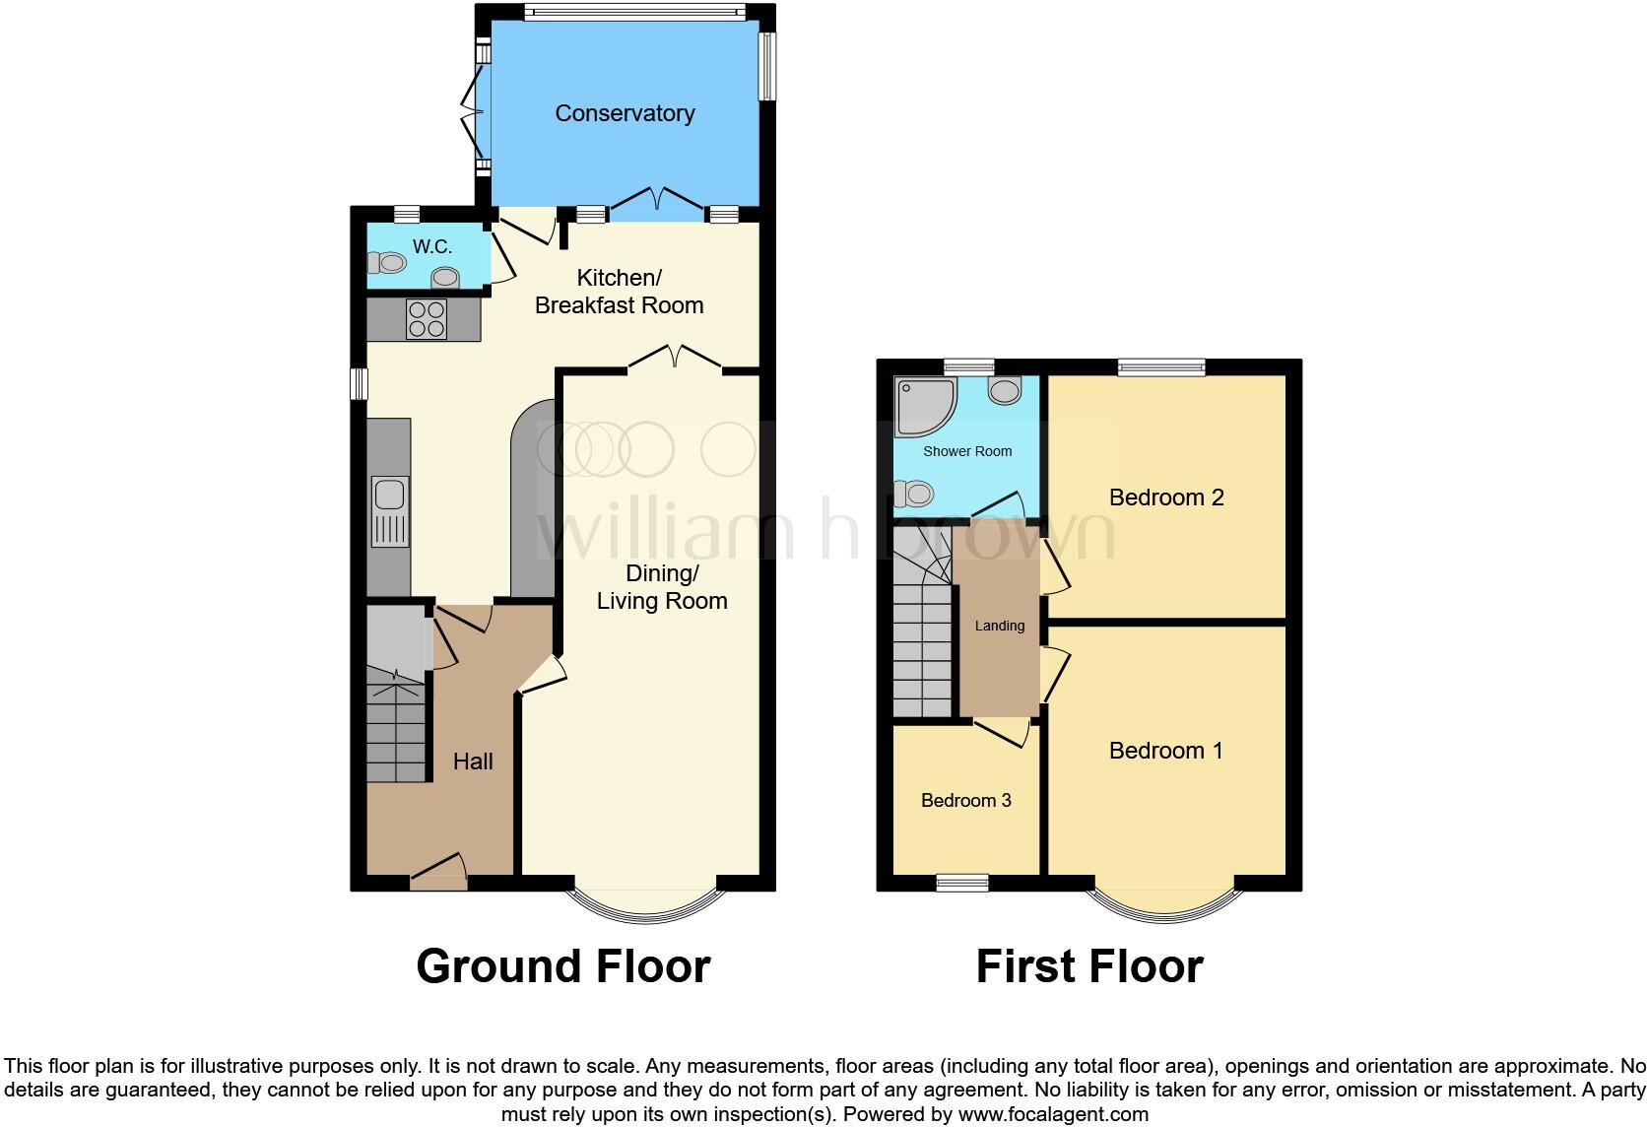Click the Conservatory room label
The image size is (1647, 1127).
(x=625, y=113)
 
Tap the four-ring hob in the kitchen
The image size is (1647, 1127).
(x=427, y=318)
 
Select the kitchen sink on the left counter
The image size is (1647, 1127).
(x=390, y=511)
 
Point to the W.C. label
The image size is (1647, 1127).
(x=432, y=246)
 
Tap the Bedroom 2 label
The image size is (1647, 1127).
(x=1166, y=497)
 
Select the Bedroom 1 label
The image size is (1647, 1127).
(x=1166, y=751)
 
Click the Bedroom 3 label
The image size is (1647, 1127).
(x=965, y=800)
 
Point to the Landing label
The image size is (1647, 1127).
(x=999, y=626)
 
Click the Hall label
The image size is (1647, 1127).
(x=473, y=761)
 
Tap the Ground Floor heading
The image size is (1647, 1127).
(x=562, y=966)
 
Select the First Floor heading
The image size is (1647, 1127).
(x=1088, y=966)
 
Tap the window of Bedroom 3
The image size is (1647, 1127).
(x=961, y=883)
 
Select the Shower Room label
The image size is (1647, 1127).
(x=966, y=451)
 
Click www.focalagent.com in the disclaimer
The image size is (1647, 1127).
(x=1053, y=1114)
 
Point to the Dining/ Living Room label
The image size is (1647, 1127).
(x=662, y=587)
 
